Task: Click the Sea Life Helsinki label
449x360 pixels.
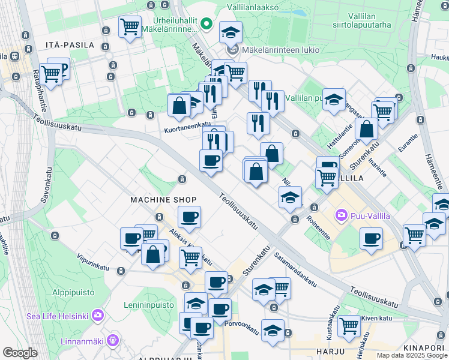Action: click(x=57, y=316)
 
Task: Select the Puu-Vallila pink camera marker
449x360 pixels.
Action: click(x=342, y=214)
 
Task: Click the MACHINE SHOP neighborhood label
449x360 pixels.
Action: click(x=164, y=199)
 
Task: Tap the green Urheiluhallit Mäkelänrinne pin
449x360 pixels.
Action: click(x=206, y=25)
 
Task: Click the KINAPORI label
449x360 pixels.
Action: click(x=423, y=347)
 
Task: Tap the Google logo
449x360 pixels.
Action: click(x=20, y=353)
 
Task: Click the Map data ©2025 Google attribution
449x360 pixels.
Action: click(x=412, y=355)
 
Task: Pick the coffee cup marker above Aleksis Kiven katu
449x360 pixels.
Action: click(x=189, y=217)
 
